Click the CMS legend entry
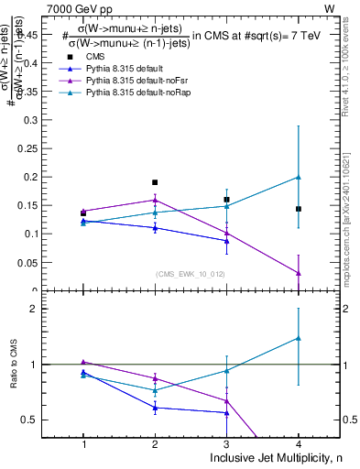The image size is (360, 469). point(82,57)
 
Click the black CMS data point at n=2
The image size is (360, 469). point(155,182)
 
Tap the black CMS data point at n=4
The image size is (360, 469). point(299,209)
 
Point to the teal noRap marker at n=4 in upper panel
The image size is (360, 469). point(299,177)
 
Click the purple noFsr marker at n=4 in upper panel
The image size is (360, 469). point(299,273)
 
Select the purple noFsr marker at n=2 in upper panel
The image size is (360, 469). point(155,200)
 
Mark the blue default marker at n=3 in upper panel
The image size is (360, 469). point(226,241)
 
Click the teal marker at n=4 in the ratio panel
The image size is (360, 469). point(299,338)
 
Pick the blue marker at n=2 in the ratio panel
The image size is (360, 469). point(155,408)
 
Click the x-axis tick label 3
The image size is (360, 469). point(226,444)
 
